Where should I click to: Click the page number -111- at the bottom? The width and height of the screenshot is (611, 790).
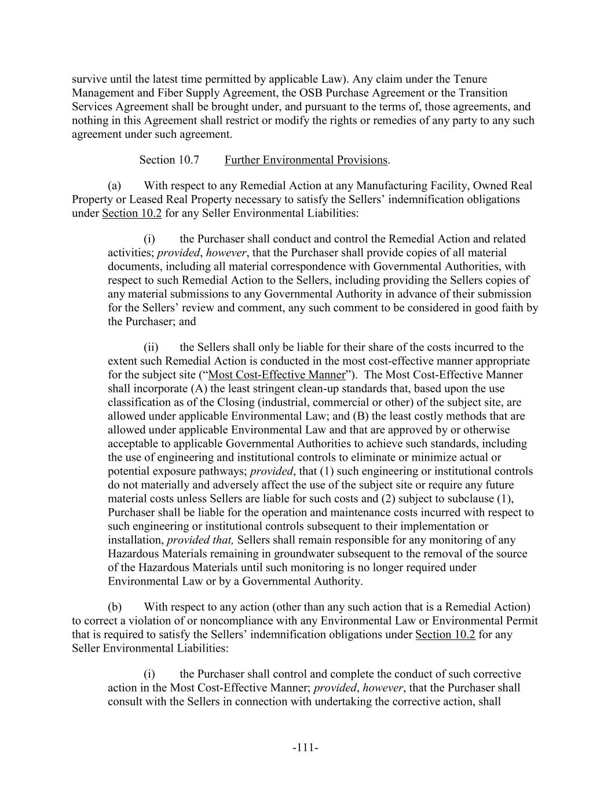[x=305, y=748]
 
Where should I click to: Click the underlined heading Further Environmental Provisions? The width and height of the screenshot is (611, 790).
[x=306, y=160]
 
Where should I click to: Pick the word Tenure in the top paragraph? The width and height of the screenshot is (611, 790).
[x=470, y=79]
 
